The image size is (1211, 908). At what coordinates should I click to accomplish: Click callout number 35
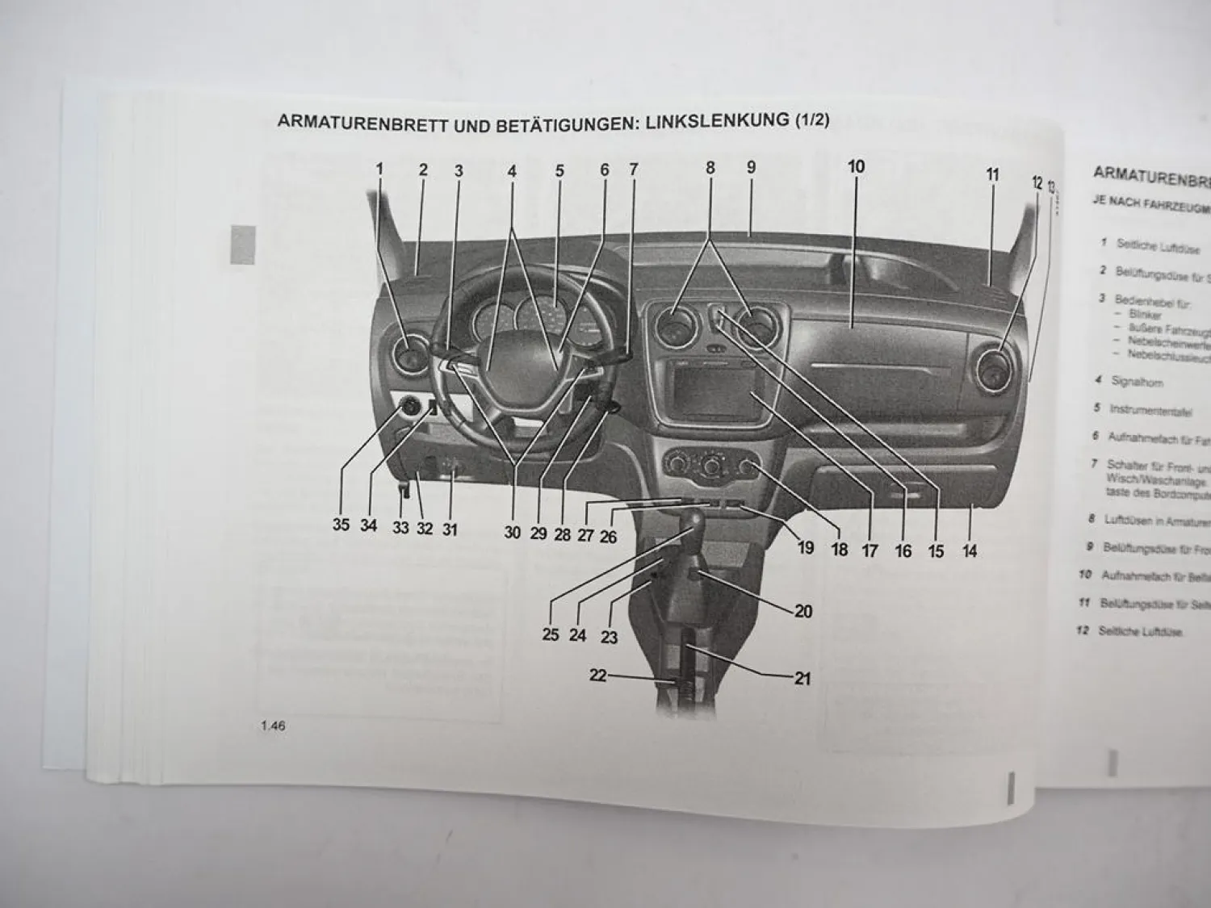tap(341, 525)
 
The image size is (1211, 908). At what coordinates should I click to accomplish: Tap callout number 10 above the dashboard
tap(856, 166)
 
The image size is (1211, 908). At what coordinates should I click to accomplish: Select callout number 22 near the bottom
tap(597, 676)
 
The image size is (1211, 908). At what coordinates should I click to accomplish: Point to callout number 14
tap(970, 551)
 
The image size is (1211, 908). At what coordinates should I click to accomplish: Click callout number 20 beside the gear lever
tap(803, 611)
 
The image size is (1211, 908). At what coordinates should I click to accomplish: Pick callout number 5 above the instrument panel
tap(559, 170)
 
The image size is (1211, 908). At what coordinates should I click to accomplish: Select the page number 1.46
tap(273, 726)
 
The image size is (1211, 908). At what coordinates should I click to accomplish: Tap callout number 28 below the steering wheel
tap(563, 534)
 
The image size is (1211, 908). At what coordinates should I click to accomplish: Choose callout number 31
tap(450, 529)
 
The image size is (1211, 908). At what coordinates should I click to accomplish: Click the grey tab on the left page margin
tap(242, 245)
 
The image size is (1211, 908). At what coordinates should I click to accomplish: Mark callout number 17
tap(869, 551)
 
